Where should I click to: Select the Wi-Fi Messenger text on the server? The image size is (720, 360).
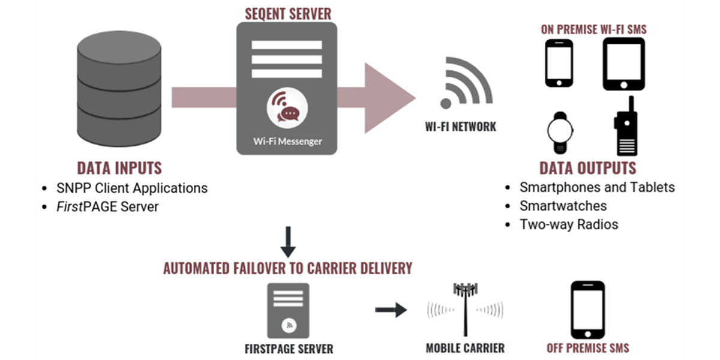tap(287, 142)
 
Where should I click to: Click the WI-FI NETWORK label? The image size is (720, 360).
tap(460, 127)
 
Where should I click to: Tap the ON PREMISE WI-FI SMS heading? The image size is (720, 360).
tap(593, 28)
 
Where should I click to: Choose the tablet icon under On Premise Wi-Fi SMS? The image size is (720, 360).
tap(623, 64)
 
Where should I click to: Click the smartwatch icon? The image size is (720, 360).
tap(560, 132)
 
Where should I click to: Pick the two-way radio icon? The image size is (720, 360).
tap(624, 127)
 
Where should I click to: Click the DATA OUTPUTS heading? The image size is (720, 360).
tap(587, 167)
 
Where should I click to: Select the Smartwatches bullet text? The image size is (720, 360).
tap(563, 206)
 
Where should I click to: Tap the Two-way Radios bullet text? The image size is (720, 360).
tap(568, 225)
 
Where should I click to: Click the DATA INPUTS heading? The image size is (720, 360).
tap(119, 167)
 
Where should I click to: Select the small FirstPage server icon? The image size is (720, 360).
tap(288, 310)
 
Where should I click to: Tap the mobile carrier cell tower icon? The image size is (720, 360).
tap(465, 309)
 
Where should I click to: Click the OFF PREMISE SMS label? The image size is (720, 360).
tap(587, 348)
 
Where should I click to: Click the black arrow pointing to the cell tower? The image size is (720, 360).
tap(391, 310)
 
